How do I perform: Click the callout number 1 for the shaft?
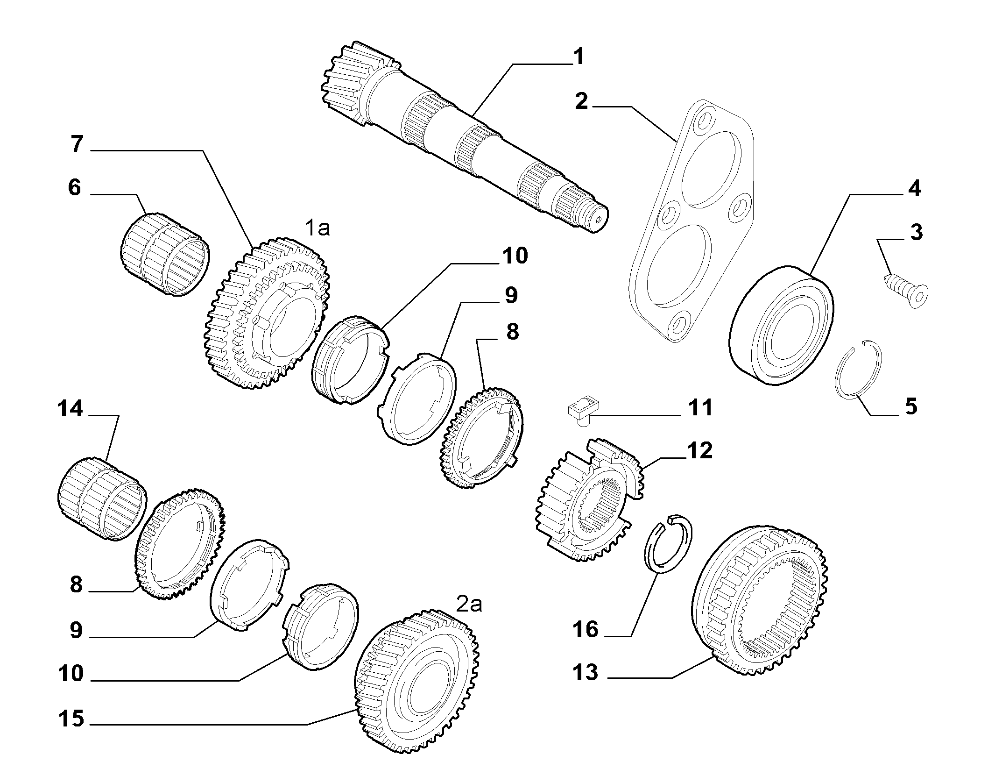pyautogui.click(x=578, y=57)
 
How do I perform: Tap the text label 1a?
pyautogui.click(x=318, y=229)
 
